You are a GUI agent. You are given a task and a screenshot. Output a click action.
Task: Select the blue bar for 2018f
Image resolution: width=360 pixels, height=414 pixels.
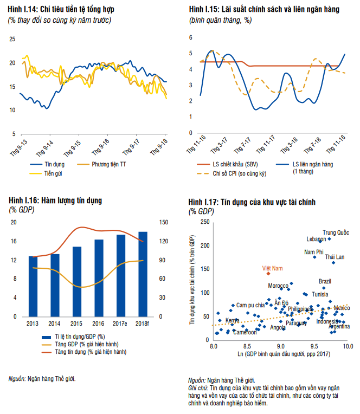[143, 274]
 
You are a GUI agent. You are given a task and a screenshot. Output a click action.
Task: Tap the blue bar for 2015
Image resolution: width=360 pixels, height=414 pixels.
[77, 281]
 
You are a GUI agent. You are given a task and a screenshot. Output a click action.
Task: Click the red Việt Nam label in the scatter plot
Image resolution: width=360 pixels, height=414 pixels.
[273, 268]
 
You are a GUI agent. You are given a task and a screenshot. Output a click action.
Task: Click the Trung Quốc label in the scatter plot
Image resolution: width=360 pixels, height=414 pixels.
[336, 232]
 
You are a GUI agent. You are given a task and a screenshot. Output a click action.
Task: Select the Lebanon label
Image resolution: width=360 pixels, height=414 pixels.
[316, 239]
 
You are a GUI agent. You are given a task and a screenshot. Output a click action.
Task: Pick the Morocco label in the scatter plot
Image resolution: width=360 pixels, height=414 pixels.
[278, 286]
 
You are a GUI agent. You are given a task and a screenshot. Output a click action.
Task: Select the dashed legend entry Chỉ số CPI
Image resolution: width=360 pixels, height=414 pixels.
[236, 173]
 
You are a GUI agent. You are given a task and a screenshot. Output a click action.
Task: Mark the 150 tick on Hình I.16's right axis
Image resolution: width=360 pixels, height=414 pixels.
[162, 222]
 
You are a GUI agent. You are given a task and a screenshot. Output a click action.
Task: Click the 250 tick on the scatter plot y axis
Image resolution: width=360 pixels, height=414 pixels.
[205, 222]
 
